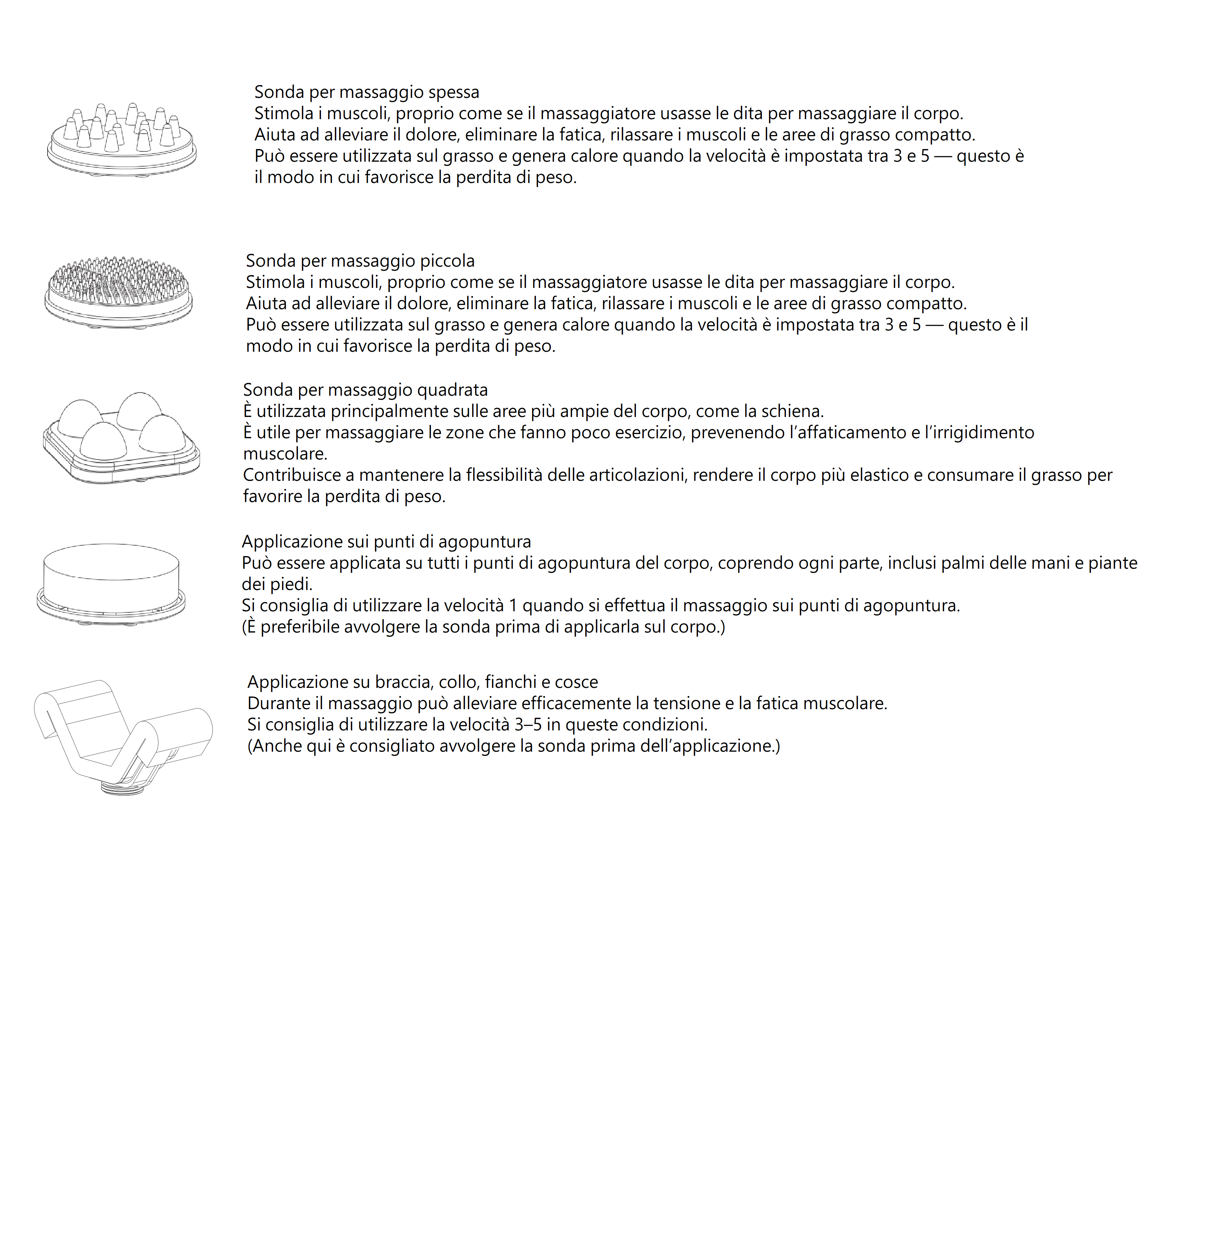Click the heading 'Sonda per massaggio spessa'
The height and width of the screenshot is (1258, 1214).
pos(367,93)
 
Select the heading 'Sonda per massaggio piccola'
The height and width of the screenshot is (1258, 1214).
pos(360,261)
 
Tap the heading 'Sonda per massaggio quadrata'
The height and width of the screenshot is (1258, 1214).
pos(365,390)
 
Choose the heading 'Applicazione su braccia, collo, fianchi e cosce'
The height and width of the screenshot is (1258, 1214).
pos(422,682)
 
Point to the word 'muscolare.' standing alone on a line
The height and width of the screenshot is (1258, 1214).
pos(285,454)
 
